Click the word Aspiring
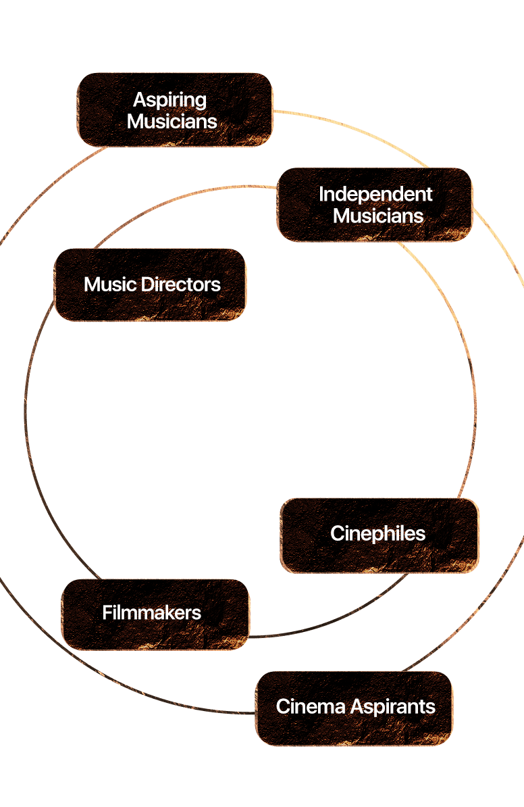pyautogui.click(x=169, y=100)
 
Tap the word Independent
pyautogui.click(x=375, y=195)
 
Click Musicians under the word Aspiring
pyautogui.click(x=172, y=122)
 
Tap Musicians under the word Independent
pyautogui.click(x=378, y=216)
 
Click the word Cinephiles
pyautogui.click(x=378, y=534)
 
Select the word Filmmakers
pyautogui.click(x=152, y=613)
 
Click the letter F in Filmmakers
pyautogui.click(x=107, y=613)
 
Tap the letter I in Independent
pyautogui.click(x=321, y=195)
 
